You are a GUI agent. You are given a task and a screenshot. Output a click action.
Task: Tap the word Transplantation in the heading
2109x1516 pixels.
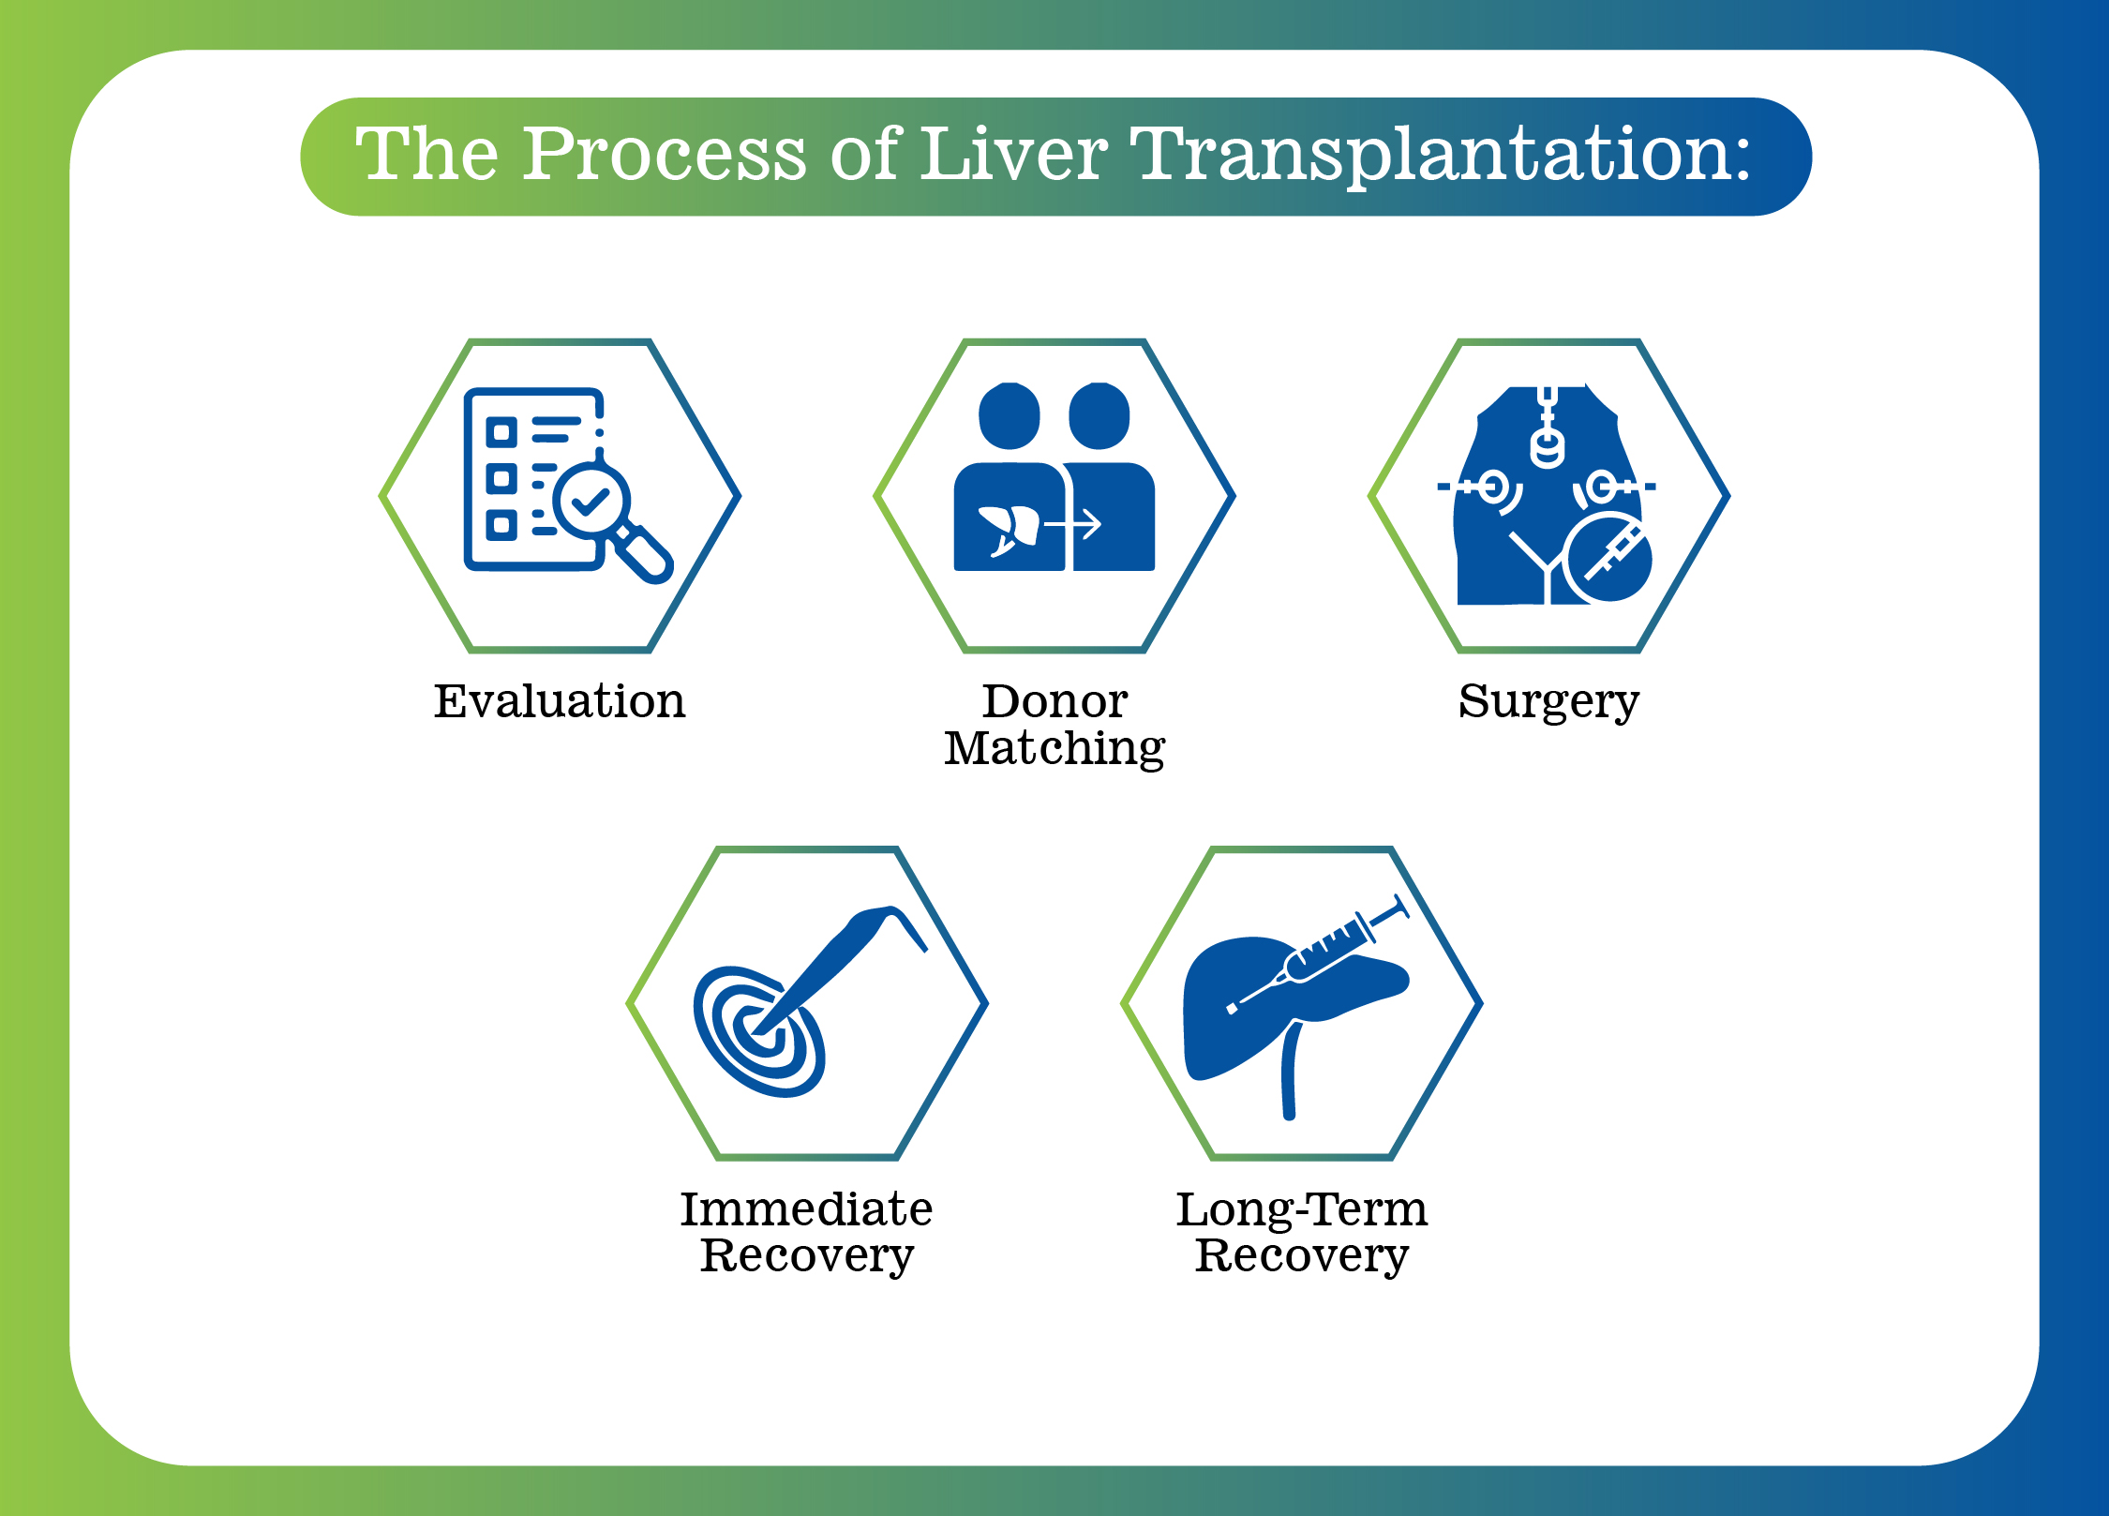click(1439, 156)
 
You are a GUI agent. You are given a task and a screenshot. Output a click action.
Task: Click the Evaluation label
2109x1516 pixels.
click(560, 701)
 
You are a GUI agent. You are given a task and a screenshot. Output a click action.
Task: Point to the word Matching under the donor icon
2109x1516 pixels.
click(1054, 749)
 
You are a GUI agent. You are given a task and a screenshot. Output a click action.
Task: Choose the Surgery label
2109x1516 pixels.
click(1548, 702)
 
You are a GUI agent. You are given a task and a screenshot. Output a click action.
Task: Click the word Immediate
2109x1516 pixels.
click(806, 1209)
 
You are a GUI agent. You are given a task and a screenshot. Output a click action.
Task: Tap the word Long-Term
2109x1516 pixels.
click(1302, 1209)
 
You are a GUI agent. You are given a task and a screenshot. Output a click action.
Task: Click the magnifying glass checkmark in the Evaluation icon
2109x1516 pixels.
click(591, 502)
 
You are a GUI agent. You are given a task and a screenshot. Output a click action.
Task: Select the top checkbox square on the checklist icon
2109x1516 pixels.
click(501, 432)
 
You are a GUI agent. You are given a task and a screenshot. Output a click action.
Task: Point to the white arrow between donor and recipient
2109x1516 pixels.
click(1076, 525)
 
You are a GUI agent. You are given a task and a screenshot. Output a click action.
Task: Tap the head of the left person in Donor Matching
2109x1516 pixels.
click(1010, 416)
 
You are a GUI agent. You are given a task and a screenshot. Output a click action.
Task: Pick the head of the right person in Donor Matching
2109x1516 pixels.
click(1099, 416)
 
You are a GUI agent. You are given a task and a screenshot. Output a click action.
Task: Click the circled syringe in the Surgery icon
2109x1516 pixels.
click(1610, 557)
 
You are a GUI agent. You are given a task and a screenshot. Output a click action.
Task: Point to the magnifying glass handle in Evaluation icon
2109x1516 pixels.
click(644, 553)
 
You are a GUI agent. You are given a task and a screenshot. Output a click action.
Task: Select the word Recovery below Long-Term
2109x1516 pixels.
click(1302, 1255)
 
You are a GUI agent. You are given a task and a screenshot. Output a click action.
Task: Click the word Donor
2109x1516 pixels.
click(1054, 701)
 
